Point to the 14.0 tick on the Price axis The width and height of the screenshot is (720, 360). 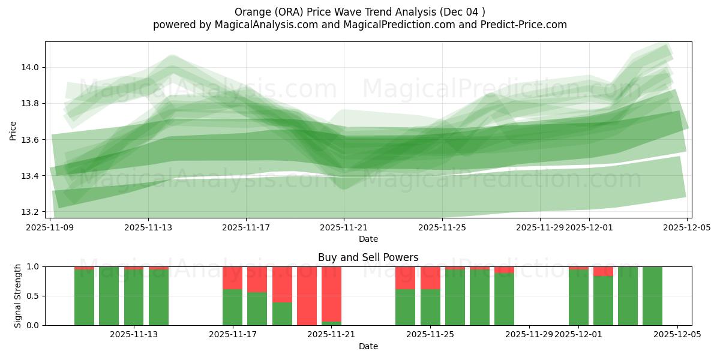pyautogui.click(x=31, y=67)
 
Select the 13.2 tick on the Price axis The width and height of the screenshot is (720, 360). pyautogui.click(x=31, y=212)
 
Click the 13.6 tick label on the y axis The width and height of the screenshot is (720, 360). pyautogui.click(x=31, y=140)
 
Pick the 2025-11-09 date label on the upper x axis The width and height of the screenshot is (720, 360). pyautogui.click(x=50, y=227)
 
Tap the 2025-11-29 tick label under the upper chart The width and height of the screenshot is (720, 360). pyautogui.click(x=540, y=227)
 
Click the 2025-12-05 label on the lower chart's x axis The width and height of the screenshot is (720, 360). pyautogui.click(x=677, y=334)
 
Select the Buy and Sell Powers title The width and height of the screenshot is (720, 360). pyautogui.click(x=368, y=257)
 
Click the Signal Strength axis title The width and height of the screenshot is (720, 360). pyautogui.click(x=18, y=296)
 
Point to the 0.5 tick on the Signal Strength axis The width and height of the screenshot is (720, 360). pyautogui.click(x=34, y=296)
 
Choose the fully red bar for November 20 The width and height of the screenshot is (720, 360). pyautogui.click(x=307, y=296)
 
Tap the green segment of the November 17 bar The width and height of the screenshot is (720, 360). pyautogui.click(x=232, y=307)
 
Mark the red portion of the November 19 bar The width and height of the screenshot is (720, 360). pyautogui.click(x=282, y=284)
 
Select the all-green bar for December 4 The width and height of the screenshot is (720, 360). pyautogui.click(x=652, y=296)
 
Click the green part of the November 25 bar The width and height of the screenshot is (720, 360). pyautogui.click(x=430, y=307)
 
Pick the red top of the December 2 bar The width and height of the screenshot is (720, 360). pyautogui.click(x=603, y=271)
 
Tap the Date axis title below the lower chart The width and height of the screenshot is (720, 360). pyautogui.click(x=368, y=346)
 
